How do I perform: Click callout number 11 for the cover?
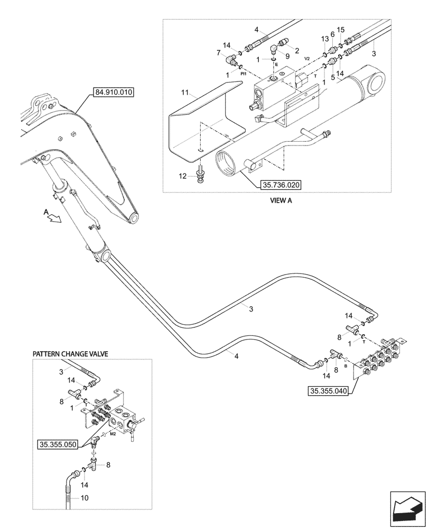[185, 93]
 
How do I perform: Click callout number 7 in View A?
[219, 53]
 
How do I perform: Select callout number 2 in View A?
[297, 51]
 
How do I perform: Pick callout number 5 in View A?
[332, 77]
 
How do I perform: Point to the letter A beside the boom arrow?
[46, 211]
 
